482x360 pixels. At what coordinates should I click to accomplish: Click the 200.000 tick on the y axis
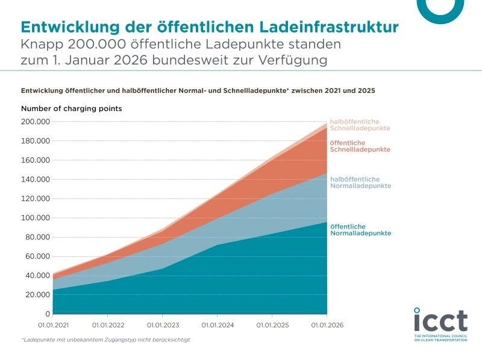click(x=36, y=122)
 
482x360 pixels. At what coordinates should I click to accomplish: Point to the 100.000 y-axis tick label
click(x=36, y=218)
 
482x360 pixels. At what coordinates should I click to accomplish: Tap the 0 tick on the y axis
click(x=46, y=314)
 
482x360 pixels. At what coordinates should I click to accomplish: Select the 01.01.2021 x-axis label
click(x=53, y=325)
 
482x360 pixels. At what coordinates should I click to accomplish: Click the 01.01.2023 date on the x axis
click(x=163, y=325)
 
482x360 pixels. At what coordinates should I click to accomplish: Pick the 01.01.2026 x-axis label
click(x=327, y=325)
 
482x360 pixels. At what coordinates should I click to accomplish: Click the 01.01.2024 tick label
click(x=218, y=325)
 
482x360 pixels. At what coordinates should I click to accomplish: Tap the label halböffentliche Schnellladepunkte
click(x=360, y=125)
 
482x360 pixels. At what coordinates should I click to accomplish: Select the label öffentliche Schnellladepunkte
click(x=360, y=146)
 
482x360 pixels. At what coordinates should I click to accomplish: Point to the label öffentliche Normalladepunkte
click(x=361, y=230)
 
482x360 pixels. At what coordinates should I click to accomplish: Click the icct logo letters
click(x=440, y=320)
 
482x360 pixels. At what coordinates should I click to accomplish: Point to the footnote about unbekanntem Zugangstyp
click(x=105, y=340)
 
